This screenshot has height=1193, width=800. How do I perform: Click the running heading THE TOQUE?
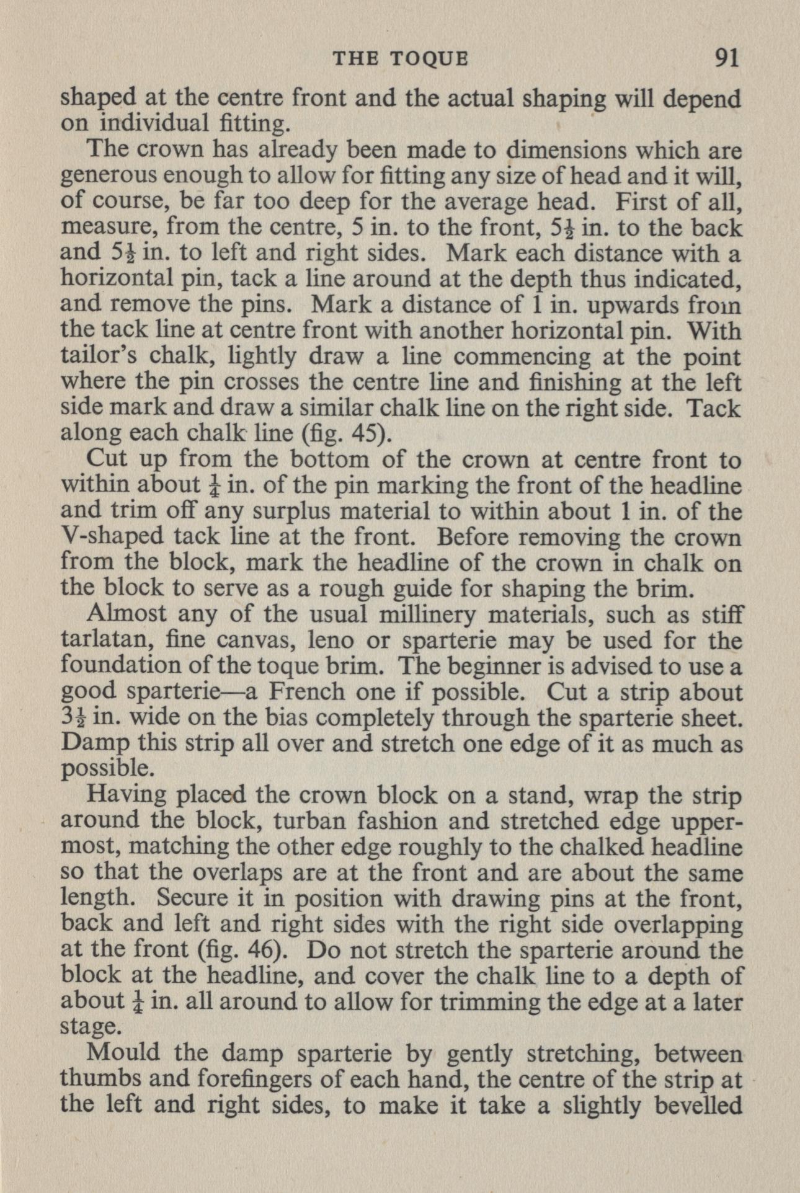[x=401, y=59]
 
